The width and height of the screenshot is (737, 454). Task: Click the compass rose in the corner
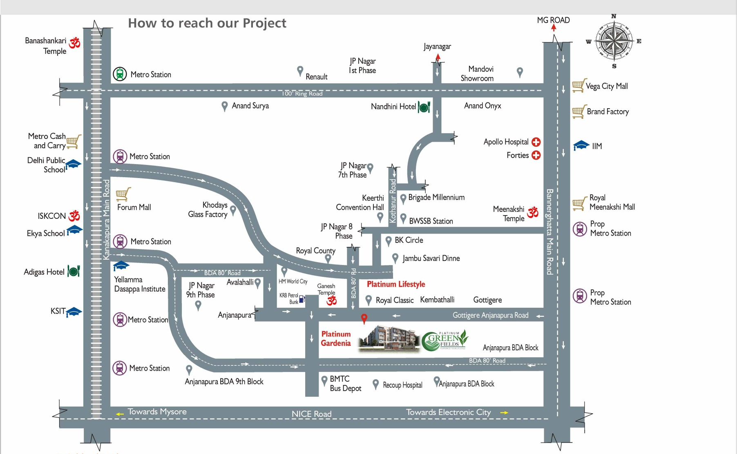pos(614,41)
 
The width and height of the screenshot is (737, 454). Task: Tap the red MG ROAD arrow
pos(554,28)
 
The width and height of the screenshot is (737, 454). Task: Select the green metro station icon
pos(120,74)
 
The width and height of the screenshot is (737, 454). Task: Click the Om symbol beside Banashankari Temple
pos(74,42)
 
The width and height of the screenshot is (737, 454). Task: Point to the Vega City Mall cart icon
pos(579,85)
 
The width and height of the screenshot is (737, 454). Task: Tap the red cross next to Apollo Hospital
pos(536,142)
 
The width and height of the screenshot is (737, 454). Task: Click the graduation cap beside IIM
pos(581,145)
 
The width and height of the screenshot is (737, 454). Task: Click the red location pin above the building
pos(364,318)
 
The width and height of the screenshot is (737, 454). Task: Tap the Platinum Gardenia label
pos(336,339)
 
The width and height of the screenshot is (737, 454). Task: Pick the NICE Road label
pos(311,414)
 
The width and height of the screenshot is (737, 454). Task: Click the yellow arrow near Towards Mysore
pos(120,414)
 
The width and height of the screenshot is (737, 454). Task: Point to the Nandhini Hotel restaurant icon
pos(424,107)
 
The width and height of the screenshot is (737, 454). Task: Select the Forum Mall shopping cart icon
pos(123,194)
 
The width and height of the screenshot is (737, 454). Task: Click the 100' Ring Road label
pos(302,93)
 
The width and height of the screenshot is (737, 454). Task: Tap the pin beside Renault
pos(300,71)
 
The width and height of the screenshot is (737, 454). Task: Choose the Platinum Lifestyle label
pos(396,284)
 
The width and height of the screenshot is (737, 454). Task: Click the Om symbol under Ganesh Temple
pos(332,301)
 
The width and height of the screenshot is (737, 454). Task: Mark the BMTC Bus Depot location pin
pos(324,380)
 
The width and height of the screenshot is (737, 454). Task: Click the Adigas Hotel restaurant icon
pos(74,271)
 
